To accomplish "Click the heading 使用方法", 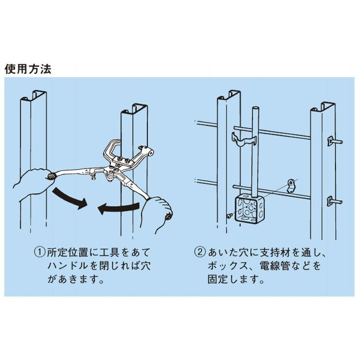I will click(x=27, y=68).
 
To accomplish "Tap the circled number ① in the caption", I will click(x=39, y=252).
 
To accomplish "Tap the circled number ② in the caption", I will click(x=200, y=252).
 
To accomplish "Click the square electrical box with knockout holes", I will click(x=248, y=208).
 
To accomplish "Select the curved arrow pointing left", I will click(x=117, y=208).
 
